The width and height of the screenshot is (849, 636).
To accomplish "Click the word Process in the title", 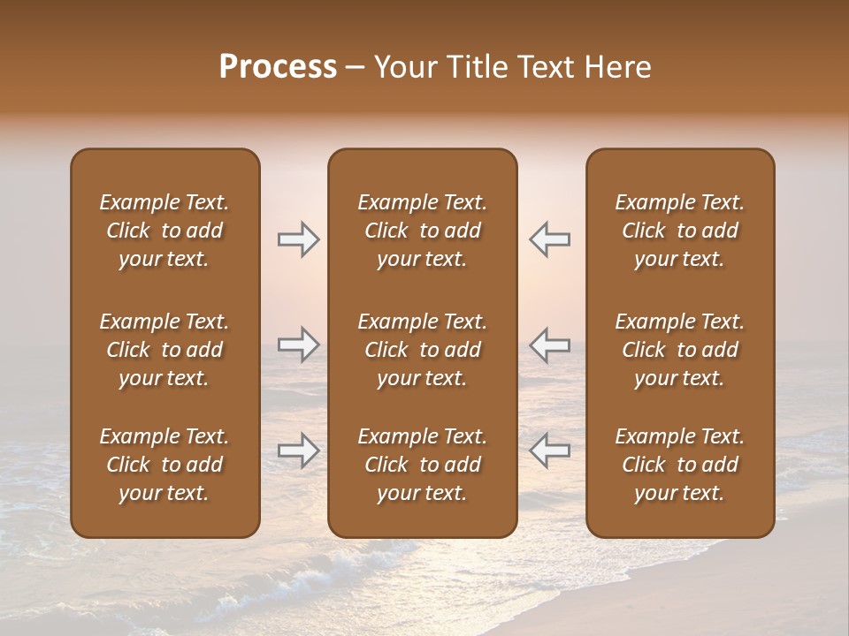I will pyautogui.click(x=278, y=67).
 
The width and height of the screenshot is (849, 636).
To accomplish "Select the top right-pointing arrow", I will pyautogui.click(x=298, y=239).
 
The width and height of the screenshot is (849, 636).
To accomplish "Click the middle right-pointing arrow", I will pyautogui.click(x=298, y=344).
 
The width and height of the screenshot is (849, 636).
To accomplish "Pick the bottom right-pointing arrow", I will pyautogui.click(x=298, y=450).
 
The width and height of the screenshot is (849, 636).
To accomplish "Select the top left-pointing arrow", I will pyautogui.click(x=549, y=239).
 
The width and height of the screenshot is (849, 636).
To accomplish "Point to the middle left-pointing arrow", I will pyautogui.click(x=549, y=344).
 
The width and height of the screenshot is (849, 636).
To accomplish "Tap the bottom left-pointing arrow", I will pyautogui.click(x=549, y=450).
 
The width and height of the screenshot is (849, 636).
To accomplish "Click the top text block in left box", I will pyautogui.click(x=164, y=231).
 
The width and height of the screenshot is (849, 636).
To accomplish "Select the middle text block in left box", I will pyautogui.click(x=164, y=350).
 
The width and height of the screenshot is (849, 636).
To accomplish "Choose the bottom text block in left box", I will pyautogui.click(x=164, y=465).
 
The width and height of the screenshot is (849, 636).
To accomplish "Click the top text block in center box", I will pyautogui.click(x=422, y=231).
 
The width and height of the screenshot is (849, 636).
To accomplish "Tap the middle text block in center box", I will pyautogui.click(x=422, y=350).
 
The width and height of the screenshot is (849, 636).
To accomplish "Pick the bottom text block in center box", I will pyautogui.click(x=422, y=465).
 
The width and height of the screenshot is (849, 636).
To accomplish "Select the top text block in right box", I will pyautogui.click(x=679, y=231).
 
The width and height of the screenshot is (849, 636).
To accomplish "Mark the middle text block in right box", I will pyautogui.click(x=679, y=350).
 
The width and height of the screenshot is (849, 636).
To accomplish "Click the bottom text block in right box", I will pyautogui.click(x=679, y=465).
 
